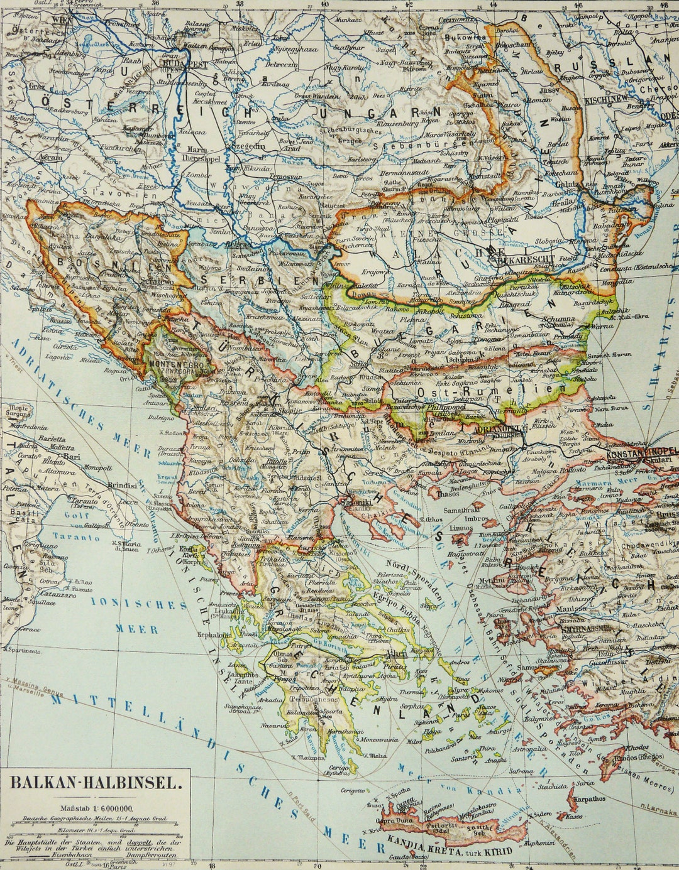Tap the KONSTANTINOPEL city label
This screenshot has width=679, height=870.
pyautogui.click(x=641, y=451)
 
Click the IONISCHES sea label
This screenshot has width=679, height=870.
pyautogui.click(x=139, y=604)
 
